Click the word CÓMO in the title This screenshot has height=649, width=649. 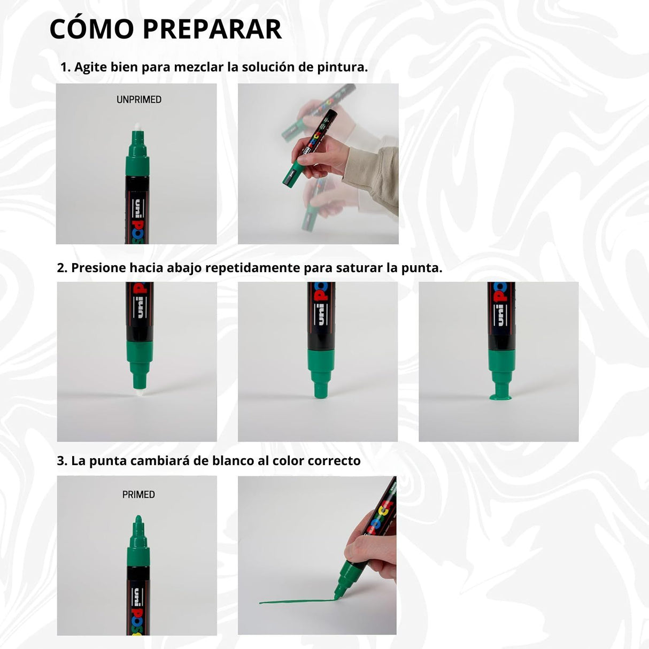[x=92, y=29]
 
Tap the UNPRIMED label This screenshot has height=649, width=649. [x=139, y=99]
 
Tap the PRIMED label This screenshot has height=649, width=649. [x=138, y=495]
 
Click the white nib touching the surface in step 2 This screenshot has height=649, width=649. [x=138, y=393]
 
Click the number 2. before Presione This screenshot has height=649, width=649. [x=63, y=267]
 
